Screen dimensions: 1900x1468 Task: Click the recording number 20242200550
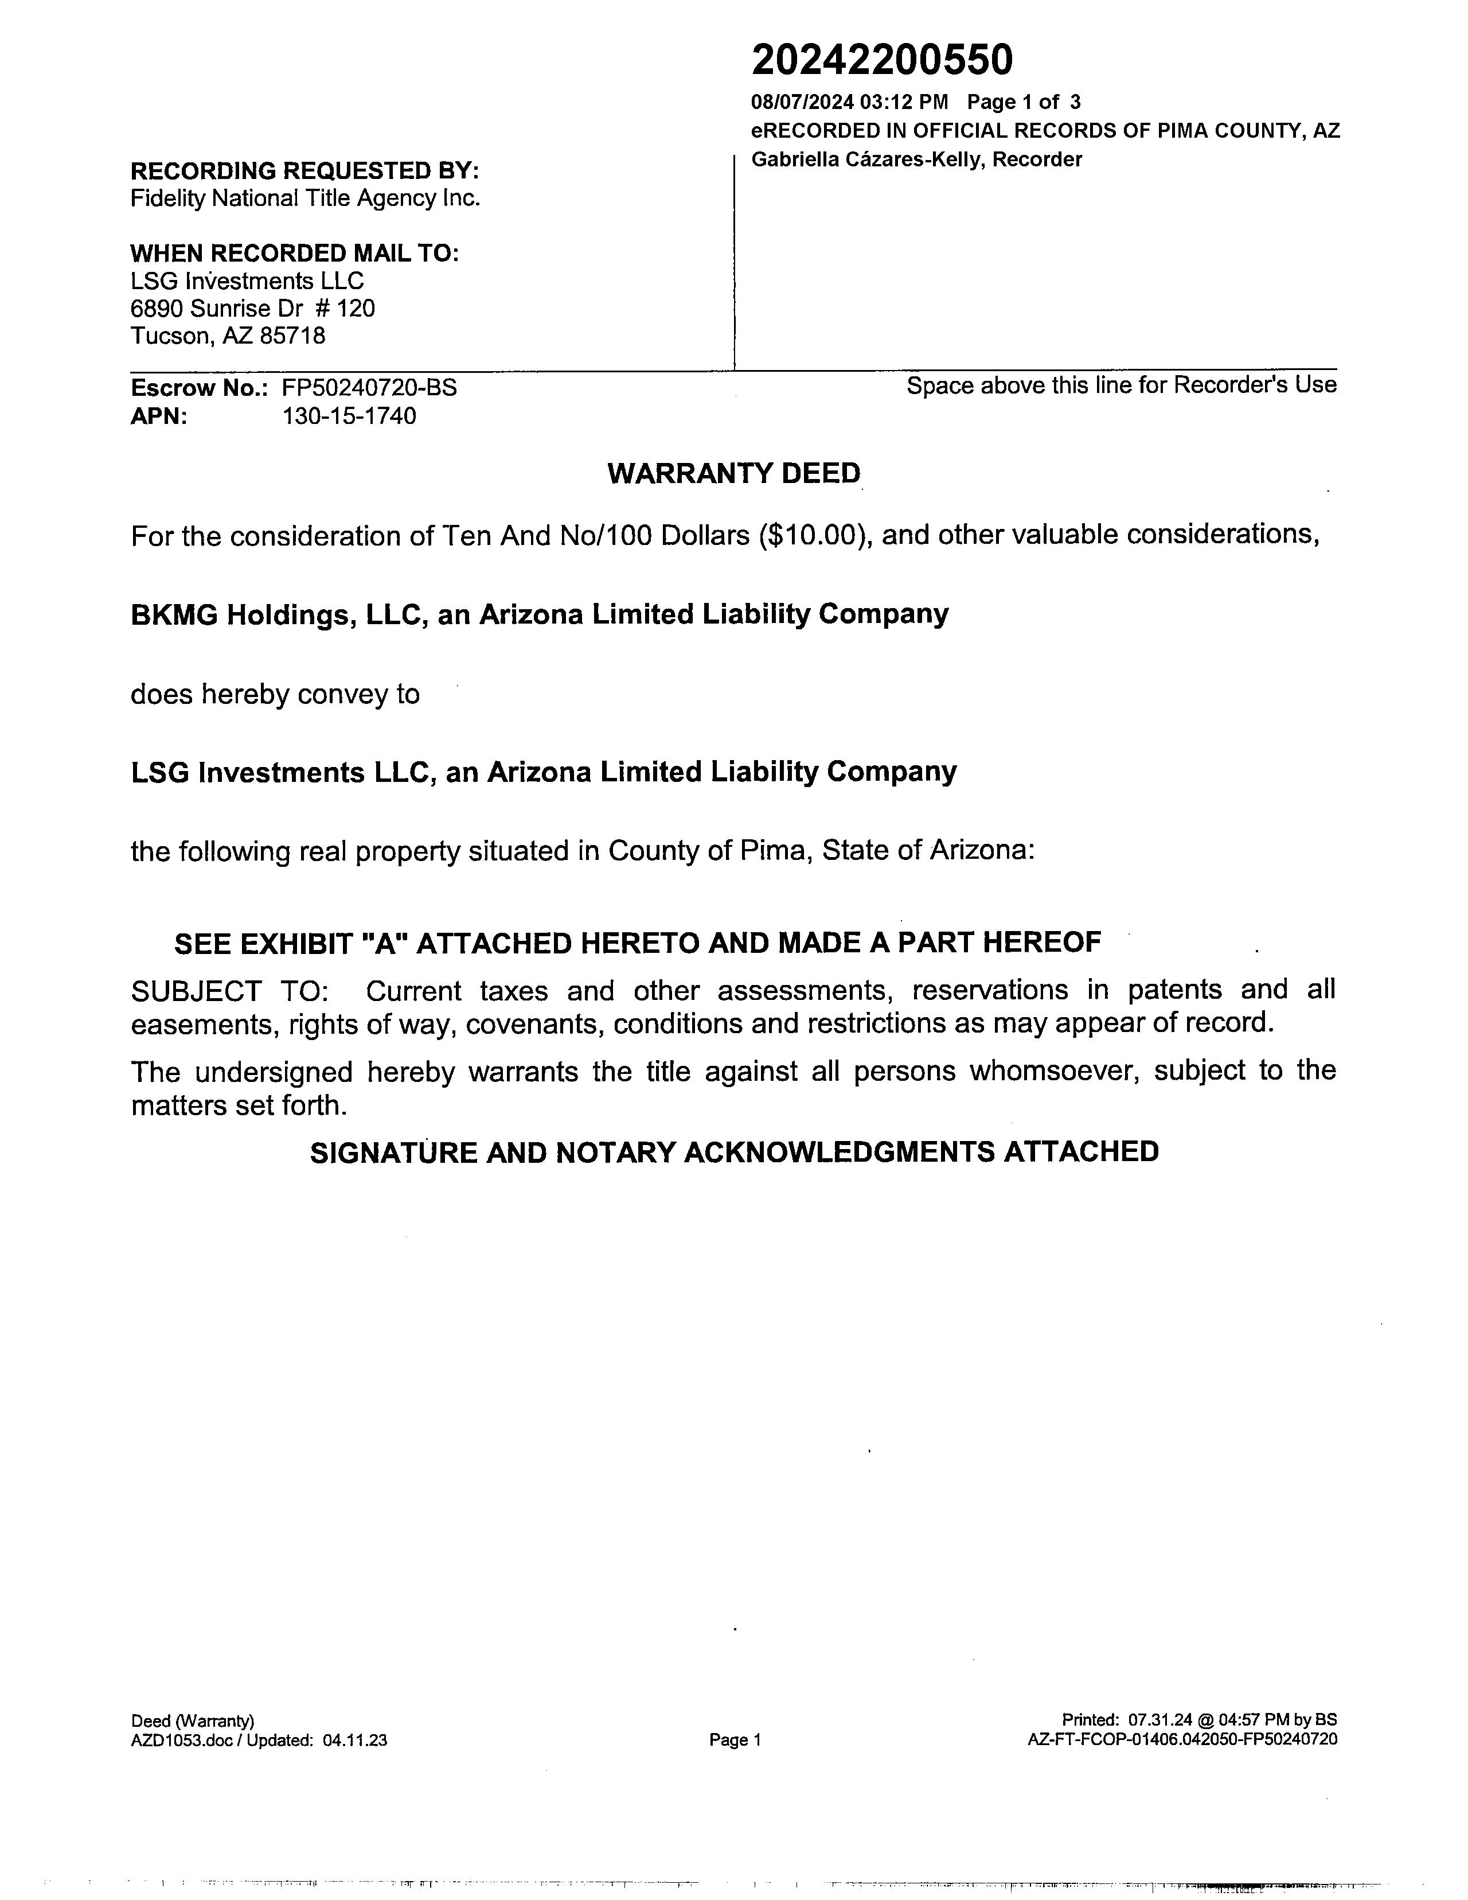tap(882, 61)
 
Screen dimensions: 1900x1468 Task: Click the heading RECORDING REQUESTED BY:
tap(304, 170)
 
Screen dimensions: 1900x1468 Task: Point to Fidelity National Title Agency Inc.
tap(304, 198)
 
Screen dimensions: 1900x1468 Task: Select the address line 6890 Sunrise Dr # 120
tap(252, 308)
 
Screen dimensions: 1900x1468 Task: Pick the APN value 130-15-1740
tap(349, 416)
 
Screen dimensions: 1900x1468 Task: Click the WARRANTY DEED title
tap(733, 473)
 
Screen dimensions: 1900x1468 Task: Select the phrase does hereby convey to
tap(275, 694)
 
